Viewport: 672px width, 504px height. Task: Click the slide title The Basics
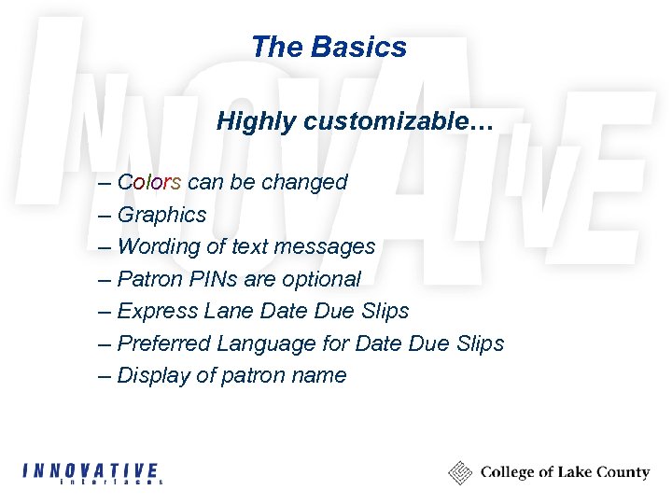[329, 47]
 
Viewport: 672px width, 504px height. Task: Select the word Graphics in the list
[161, 215]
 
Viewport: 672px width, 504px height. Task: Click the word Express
[156, 311]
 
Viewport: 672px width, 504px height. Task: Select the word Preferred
[164, 343]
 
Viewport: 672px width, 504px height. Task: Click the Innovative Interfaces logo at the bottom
[92, 473]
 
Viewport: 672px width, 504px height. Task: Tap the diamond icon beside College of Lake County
[460, 472]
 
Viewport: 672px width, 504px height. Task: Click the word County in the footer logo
[623, 472]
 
